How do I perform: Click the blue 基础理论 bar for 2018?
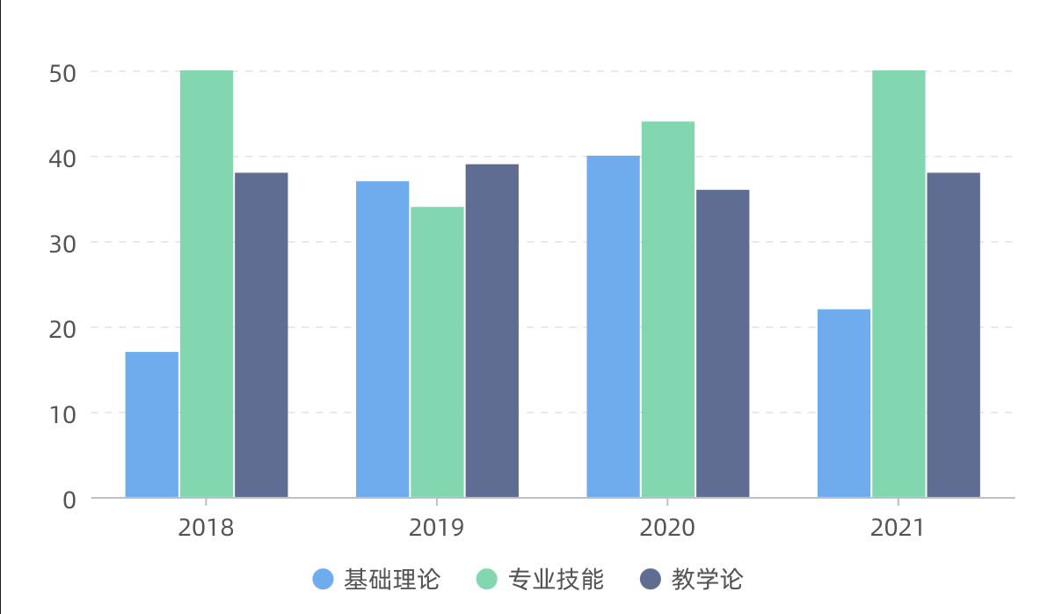point(152,425)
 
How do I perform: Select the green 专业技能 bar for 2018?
point(207,284)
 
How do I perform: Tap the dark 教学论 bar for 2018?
point(261,335)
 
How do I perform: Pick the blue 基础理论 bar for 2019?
point(382,340)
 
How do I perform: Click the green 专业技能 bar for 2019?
point(437,352)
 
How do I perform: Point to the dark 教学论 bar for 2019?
point(492,331)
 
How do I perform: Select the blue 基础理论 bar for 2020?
point(614,326)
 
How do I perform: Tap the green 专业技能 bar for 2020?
point(668,310)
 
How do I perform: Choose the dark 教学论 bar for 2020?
point(723,344)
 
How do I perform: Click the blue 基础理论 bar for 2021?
point(844,404)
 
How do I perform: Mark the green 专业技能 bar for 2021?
point(899,284)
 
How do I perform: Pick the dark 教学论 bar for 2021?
point(953,335)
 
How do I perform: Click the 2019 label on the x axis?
point(437,528)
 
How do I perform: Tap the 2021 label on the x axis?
point(898,528)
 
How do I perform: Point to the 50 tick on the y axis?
point(62,72)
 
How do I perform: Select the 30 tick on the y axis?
point(62,243)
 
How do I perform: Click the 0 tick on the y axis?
point(70,500)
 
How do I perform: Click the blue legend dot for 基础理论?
point(324,579)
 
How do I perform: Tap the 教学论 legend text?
point(708,579)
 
